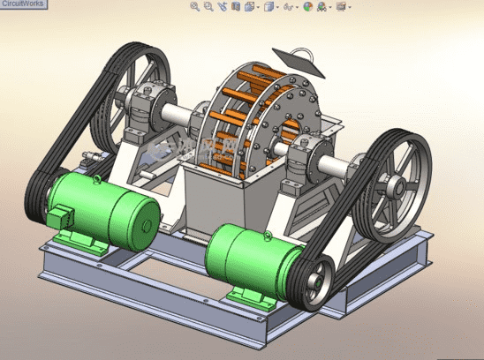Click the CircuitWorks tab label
[x=24, y=4]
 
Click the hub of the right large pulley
[x=395, y=186]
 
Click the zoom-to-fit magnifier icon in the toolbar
[x=195, y=6]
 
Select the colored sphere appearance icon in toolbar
[x=307, y=6]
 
